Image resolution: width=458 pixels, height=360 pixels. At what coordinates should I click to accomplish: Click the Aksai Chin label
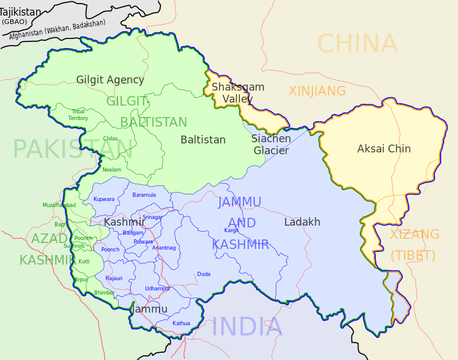tap(384, 149)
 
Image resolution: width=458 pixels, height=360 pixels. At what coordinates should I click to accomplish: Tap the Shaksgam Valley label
tap(237, 93)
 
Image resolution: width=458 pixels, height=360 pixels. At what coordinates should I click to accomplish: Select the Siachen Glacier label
tap(271, 145)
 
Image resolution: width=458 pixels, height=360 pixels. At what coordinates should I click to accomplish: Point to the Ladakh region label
tap(302, 222)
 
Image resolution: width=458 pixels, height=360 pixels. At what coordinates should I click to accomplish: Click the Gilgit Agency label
tap(110, 80)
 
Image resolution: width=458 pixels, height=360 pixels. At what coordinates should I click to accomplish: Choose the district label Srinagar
tap(152, 217)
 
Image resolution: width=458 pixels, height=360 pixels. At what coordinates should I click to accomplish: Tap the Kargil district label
tap(231, 230)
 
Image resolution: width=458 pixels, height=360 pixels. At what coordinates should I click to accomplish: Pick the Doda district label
tap(204, 274)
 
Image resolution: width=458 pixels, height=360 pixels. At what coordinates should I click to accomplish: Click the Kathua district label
tap(181, 323)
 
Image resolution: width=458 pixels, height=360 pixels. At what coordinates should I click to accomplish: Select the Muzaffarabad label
tap(59, 205)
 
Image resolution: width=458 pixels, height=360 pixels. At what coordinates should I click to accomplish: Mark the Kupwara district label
tap(104, 199)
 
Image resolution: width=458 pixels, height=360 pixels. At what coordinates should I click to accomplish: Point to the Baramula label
tap(144, 195)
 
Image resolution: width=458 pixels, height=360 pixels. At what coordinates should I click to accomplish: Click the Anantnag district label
tap(164, 248)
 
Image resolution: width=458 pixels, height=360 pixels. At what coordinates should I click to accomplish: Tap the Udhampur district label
tap(157, 289)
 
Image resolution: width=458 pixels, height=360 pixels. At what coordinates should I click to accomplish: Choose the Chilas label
tap(110, 139)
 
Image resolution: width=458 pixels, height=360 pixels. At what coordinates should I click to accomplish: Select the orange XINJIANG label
tap(317, 91)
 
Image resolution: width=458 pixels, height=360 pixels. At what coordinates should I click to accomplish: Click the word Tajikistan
tap(21, 12)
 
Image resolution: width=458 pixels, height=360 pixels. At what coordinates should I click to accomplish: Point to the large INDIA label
tap(246, 327)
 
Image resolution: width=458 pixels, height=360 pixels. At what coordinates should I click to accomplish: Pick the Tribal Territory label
tap(78, 115)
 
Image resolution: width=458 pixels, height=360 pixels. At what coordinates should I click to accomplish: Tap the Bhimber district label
tap(104, 293)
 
